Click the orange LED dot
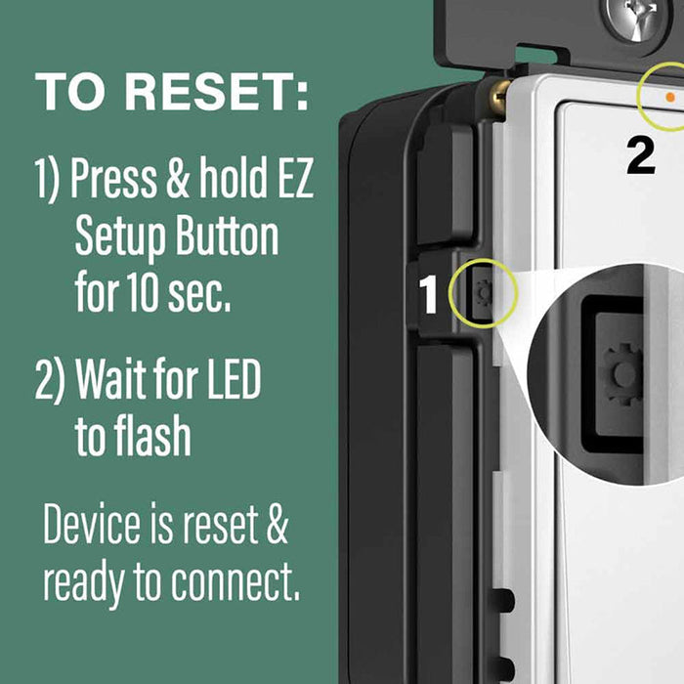tap(668, 97)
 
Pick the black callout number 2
tap(641, 155)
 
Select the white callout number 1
tap(429, 294)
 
